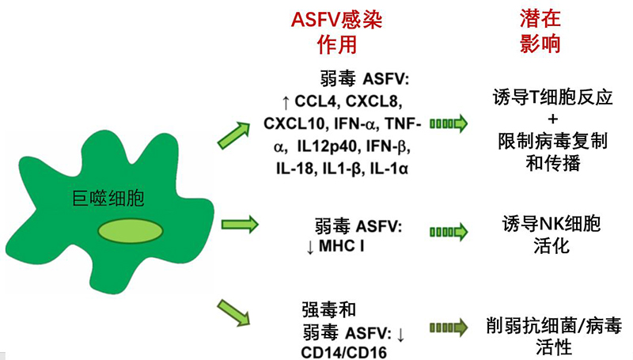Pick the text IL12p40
coord(328,146)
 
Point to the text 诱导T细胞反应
coord(541,98)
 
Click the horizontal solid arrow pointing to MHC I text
coord(237,225)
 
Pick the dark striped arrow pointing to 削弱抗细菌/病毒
coord(448,326)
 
